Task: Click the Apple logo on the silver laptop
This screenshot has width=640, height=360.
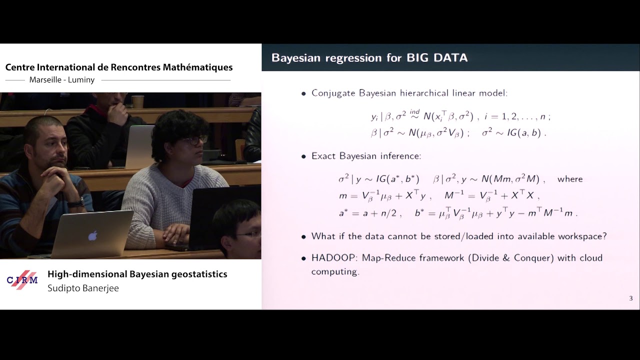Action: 93,235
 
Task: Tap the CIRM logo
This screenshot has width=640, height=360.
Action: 22,280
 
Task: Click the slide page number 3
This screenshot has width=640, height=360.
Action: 630,298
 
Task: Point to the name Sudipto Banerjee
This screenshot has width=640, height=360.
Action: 83,288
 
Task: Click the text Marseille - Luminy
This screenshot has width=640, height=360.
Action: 62,80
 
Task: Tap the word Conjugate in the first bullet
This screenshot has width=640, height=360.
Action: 333,93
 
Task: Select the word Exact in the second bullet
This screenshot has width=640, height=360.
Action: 323,156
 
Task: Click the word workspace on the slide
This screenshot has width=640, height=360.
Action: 583,236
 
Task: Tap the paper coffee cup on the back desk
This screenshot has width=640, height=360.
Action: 138,101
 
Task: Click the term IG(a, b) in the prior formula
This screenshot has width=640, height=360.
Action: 523,133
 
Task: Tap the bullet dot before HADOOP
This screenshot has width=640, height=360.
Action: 303,258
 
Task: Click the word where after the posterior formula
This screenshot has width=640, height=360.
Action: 570,179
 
